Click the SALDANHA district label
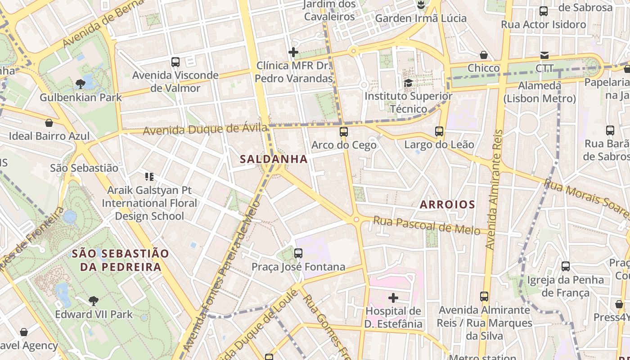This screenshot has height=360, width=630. (274, 159)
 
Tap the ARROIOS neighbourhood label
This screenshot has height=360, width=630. (447, 205)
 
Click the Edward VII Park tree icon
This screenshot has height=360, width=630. (93, 301)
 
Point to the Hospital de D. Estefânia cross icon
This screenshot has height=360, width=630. (393, 297)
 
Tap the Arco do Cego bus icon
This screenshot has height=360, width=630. (344, 131)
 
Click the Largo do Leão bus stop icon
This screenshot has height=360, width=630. (439, 131)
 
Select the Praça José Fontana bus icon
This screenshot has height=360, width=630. (298, 253)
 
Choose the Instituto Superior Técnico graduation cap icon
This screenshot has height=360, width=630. (408, 83)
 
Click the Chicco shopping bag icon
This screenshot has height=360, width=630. (484, 55)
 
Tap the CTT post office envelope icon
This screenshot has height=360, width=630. (544, 55)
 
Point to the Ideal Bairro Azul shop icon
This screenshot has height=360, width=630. (49, 123)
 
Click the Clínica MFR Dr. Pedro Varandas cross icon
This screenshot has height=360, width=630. (293, 53)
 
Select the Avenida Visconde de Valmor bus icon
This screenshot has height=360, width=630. (175, 62)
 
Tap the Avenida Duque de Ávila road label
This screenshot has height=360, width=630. (205, 130)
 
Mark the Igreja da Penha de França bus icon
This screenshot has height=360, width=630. (566, 266)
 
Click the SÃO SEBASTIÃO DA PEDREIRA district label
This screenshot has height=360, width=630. (121, 260)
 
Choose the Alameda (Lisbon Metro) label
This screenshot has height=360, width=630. (540, 92)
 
